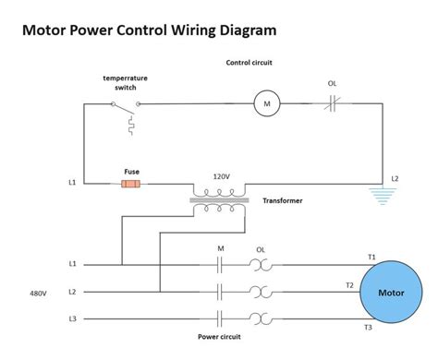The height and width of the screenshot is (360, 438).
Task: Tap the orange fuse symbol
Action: pyautogui.click(x=131, y=184)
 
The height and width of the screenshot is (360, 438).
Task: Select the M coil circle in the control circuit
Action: pyautogui.click(x=267, y=104)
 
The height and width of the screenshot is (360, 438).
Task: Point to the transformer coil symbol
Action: pyautogui.click(x=219, y=199)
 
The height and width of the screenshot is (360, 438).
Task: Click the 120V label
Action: pyautogui.click(x=220, y=175)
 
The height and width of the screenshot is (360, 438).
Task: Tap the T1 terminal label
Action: pyautogui.click(x=371, y=257)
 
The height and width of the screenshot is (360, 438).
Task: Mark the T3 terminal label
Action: pyautogui.click(x=368, y=328)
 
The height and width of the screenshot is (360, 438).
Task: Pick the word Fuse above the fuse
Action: pyautogui.click(x=131, y=171)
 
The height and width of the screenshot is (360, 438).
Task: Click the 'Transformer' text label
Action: pyautogui.click(x=282, y=200)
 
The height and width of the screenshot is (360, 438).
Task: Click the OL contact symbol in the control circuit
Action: pyautogui.click(x=332, y=104)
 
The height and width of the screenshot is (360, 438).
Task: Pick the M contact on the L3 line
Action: pyautogui.click(x=220, y=318)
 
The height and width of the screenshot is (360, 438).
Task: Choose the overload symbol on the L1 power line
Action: pyautogui.click(x=261, y=265)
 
